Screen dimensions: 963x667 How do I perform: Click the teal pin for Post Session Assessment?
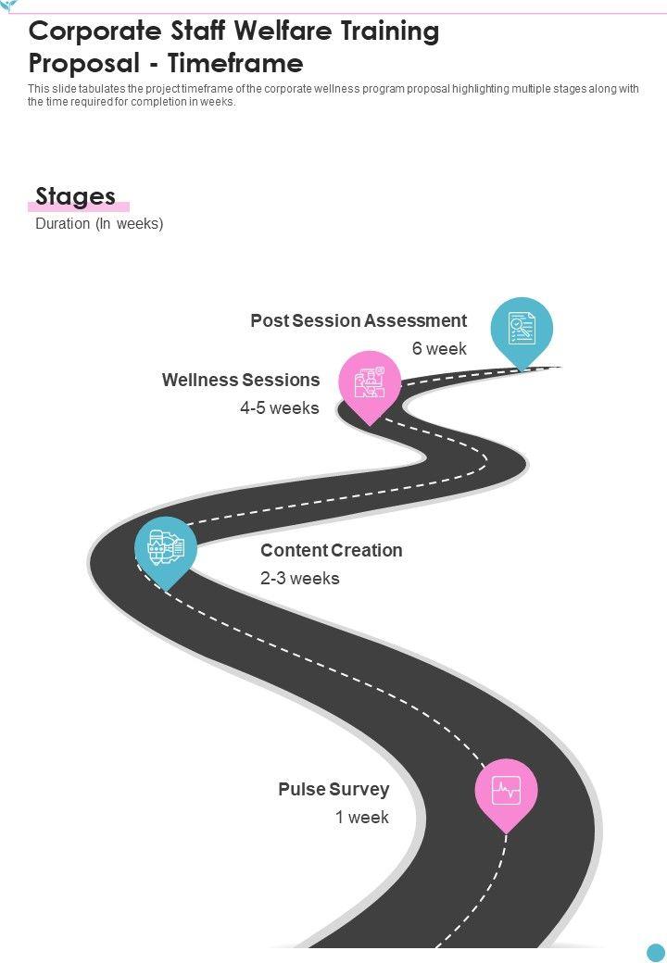click(522, 329)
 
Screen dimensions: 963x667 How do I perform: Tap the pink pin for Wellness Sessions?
click(370, 381)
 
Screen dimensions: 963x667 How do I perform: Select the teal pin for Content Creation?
click(166, 547)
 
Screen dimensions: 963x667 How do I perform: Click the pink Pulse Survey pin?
click(506, 791)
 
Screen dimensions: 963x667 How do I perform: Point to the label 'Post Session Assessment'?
click(359, 320)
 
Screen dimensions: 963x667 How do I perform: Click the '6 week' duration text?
click(439, 349)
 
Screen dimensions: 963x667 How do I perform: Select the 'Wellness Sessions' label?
click(241, 380)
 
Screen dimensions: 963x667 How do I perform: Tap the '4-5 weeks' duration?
click(279, 407)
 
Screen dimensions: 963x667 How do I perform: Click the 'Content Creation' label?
click(331, 550)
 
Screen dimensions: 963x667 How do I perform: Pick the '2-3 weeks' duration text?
click(300, 578)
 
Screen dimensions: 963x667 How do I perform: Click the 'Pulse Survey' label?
click(333, 789)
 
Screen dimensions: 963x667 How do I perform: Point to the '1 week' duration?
click(362, 818)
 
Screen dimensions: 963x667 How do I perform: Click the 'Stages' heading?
click(75, 196)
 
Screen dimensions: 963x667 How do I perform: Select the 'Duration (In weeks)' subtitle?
click(99, 223)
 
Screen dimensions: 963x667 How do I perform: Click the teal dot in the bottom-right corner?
click(656, 952)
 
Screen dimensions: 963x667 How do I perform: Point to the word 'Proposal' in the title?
click(81, 63)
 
